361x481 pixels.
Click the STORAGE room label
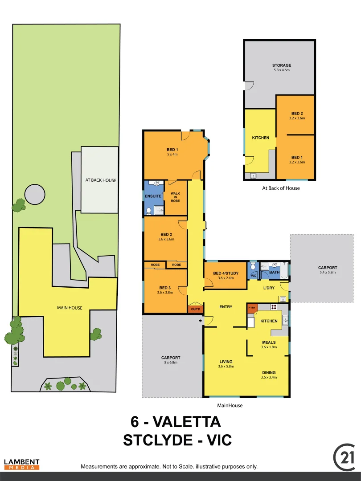282,65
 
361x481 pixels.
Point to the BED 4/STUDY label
225,273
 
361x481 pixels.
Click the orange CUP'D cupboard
195,309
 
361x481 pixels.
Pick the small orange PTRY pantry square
252,308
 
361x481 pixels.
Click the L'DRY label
269,288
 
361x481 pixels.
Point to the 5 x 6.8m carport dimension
171,363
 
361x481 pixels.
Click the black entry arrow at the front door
200,321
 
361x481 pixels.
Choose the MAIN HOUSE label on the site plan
70,308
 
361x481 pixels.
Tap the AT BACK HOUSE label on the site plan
101,180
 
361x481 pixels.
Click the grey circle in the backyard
34,195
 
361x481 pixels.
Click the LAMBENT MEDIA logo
22,465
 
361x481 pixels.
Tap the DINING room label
269,372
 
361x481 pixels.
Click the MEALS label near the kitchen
269,342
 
